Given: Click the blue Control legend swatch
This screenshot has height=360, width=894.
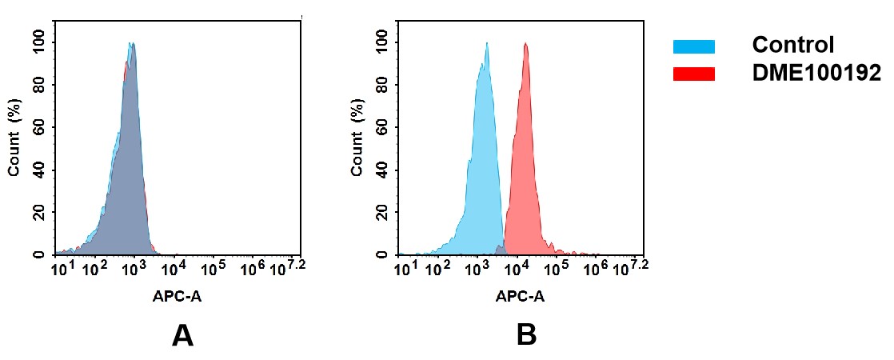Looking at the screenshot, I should [693, 46].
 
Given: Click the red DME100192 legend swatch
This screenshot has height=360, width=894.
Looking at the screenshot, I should [693, 74].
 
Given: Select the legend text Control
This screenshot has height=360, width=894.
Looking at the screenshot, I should [793, 45].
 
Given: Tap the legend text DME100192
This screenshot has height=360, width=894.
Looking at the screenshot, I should [816, 74].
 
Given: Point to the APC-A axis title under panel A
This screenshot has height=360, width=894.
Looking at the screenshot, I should [178, 297].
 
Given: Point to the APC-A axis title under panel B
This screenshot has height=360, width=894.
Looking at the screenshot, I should [520, 297].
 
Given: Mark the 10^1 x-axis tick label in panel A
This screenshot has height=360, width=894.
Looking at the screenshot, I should [63, 266].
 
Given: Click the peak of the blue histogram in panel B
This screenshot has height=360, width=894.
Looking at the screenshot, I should [486, 44].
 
